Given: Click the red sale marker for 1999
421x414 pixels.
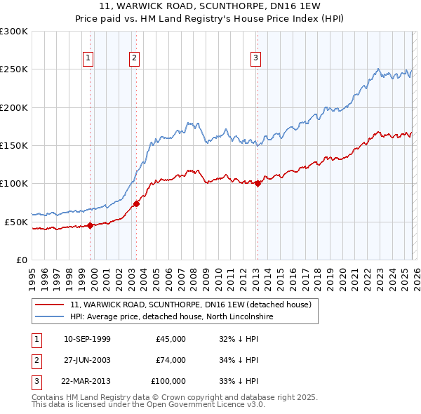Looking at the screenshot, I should click(91, 225).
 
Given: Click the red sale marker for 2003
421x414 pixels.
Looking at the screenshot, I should click(137, 203).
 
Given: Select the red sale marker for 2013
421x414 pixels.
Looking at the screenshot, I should click(258, 184).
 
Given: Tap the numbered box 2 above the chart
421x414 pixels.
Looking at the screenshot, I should click(134, 58).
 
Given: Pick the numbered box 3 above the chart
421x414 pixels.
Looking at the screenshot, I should click(256, 58).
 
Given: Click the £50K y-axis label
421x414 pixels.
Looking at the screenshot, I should click(16, 222).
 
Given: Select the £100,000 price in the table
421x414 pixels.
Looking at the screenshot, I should click(168, 381).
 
